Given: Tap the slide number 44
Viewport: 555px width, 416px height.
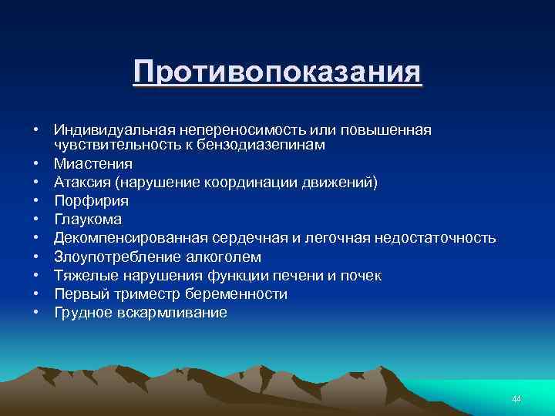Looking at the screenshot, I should tap(516, 398).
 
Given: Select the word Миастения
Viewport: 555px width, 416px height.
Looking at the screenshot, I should tap(93, 164).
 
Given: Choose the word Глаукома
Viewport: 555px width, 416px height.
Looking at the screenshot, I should tap(89, 220).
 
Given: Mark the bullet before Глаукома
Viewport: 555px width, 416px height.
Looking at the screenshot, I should tap(35, 220).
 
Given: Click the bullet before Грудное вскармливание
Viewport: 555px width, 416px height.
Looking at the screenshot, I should tap(35, 313).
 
